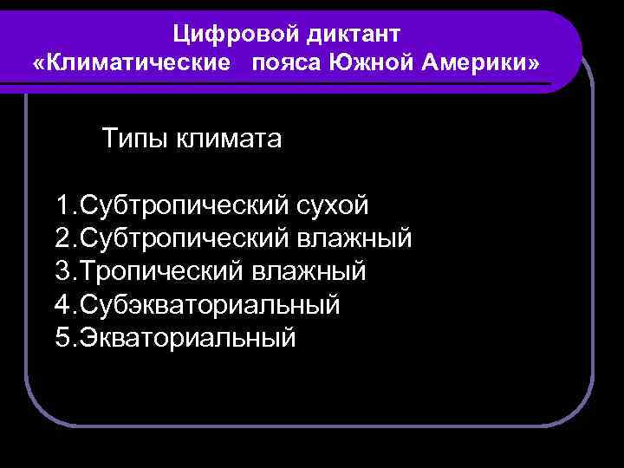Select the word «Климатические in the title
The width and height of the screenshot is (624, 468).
pyautogui.click(x=135, y=64)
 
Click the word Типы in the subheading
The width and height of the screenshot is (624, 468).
pyautogui.click(x=134, y=139)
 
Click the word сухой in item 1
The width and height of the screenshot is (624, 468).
pyautogui.click(x=333, y=205)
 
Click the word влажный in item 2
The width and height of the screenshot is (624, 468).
pyautogui.click(x=354, y=238)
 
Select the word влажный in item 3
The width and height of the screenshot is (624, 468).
pyautogui.click(x=309, y=271)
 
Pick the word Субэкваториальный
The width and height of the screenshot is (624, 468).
pyautogui.click(x=209, y=304)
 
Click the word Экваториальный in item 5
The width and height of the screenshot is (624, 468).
pyautogui.click(x=187, y=337)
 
